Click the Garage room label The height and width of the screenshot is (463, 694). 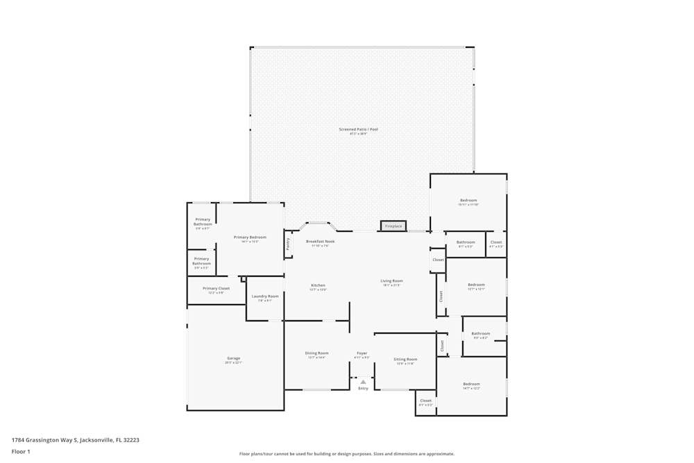[233, 358]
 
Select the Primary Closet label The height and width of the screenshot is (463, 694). [216, 288]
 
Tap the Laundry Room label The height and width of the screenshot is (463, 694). [264, 296]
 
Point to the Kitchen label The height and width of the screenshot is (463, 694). [318, 285]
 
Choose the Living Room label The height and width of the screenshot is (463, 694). [391, 281]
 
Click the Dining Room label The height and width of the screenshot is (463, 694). [316, 353]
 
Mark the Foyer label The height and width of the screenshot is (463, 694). [362, 353]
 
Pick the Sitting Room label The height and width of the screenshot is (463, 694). [405, 360]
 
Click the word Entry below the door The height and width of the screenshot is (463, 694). [363, 389]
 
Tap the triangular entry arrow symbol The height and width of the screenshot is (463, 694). [363, 381]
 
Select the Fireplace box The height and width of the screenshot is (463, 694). [393, 226]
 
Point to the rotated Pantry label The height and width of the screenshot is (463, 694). [288, 244]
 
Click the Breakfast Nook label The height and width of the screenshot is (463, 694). [320, 242]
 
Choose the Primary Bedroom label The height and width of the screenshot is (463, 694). [250, 237]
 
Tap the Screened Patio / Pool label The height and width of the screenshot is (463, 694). [358, 129]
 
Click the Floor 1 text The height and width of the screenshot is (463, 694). [21, 451]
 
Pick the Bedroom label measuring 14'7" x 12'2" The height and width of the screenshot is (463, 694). [471, 384]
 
